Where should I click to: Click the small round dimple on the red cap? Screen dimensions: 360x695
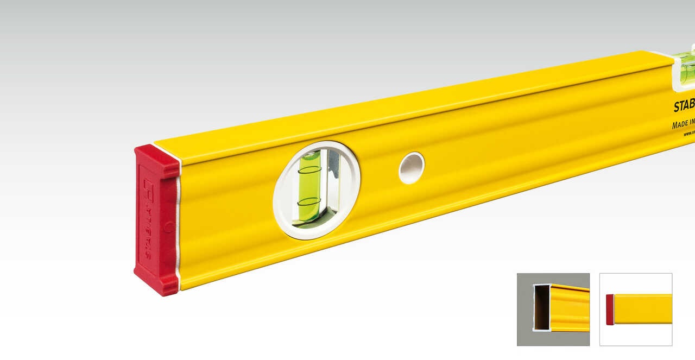[x=169, y=227]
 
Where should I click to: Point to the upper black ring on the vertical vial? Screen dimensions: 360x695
[x=309, y=170]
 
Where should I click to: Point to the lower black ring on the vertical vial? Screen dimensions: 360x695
[x=309, y=201]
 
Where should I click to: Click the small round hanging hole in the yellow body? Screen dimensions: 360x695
[x=412, y=167]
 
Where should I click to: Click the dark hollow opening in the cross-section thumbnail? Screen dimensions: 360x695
[x=541, y=308]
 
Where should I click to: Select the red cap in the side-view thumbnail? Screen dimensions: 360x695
[x=610, y=310]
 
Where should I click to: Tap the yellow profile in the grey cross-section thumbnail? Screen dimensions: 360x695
[x=570, y=308]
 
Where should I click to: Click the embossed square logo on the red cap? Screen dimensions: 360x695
[x=148, y=187]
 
